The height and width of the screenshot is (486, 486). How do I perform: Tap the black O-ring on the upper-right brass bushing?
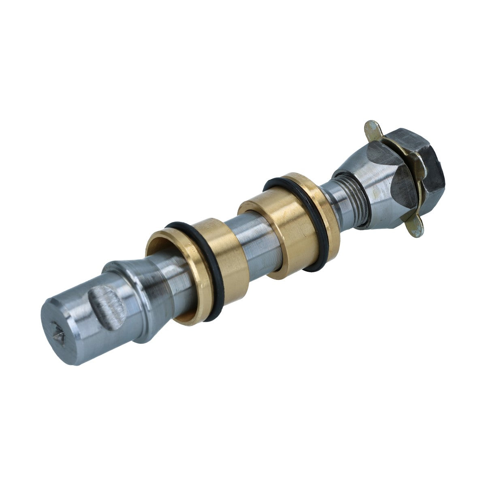click(x=320, y=227)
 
